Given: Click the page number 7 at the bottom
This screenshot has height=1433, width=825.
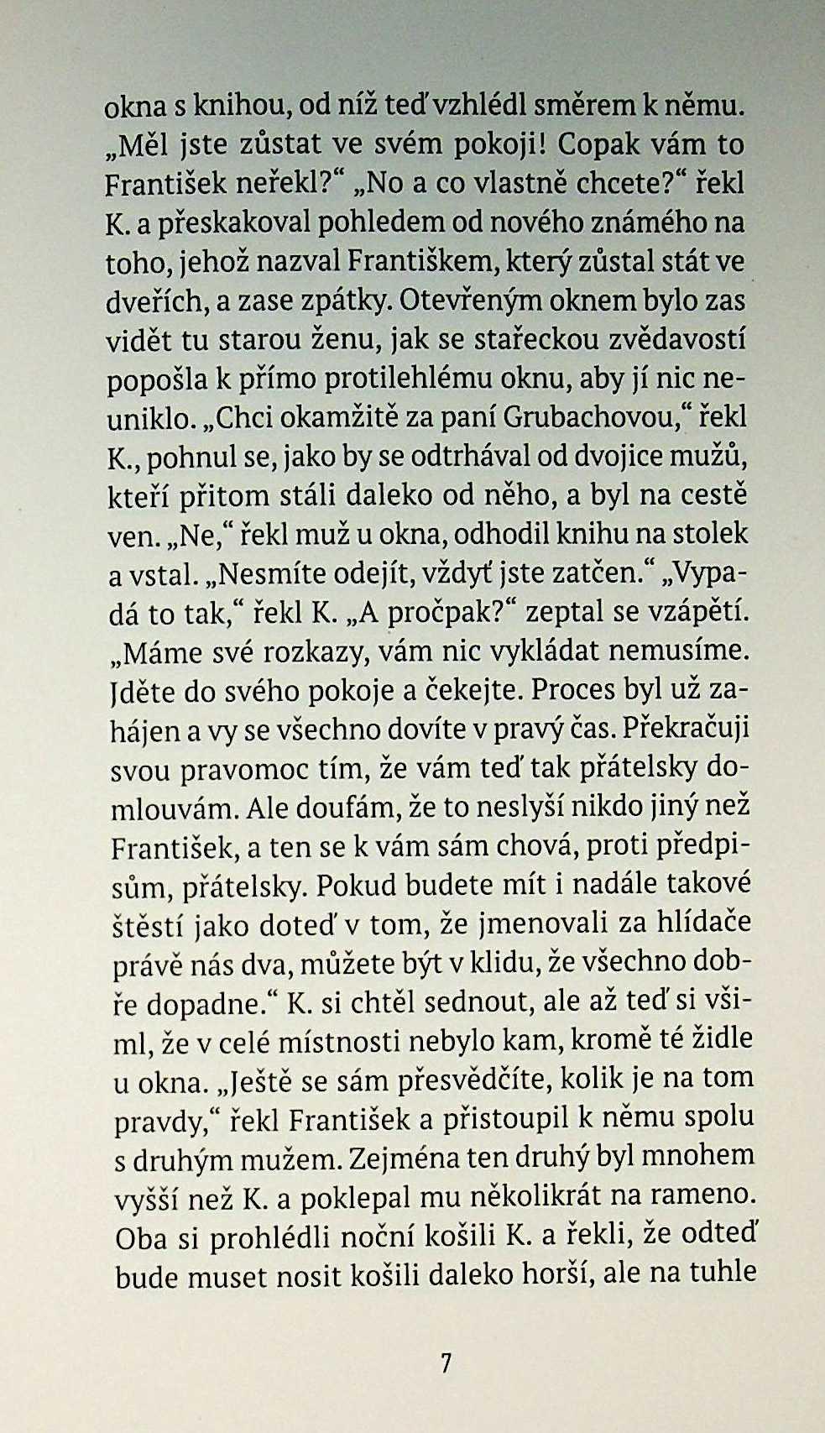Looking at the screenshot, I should pyautogui.click(x=446, y=1362).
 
